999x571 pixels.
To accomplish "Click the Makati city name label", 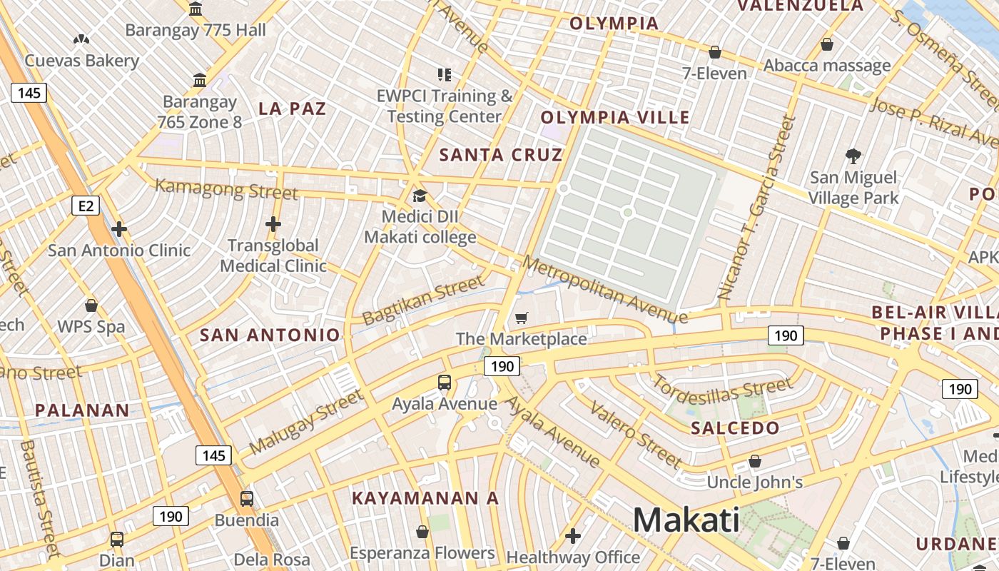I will (x=686, y=520).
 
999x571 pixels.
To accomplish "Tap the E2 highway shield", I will (x=86, y=206).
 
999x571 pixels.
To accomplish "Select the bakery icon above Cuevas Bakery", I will (x=81, y=39).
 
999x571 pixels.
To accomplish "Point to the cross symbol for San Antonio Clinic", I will (x=119, y=229).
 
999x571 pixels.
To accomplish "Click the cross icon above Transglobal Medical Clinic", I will (x=273, y=224).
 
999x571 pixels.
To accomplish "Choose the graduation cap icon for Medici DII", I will (x=420, y=196).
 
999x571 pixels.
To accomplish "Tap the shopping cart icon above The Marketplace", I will (x=522, y=318).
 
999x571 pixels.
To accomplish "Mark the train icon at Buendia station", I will (x=246, y=498).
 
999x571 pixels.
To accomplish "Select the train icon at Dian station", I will (x=117, y=540).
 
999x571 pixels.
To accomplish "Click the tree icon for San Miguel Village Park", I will (x=853, y=156).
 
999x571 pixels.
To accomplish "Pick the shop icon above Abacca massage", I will (x=827, y=44).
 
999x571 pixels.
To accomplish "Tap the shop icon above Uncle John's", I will (x=755, y=462).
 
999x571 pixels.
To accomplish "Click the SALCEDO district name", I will (x=736, y=428).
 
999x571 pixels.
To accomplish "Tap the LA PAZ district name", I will (x=292, y=108).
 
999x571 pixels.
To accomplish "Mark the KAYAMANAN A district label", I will (x=425, y=498).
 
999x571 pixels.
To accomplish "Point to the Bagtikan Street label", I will (x=423, y=302).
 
